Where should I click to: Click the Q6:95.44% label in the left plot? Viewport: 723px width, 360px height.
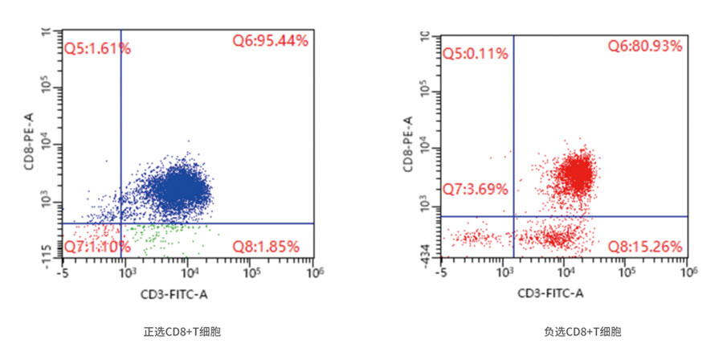(x=270, y=40)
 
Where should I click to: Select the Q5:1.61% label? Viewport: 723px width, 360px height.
(x=98, y=48)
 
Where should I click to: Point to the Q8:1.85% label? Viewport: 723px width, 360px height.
(x=265, y=245)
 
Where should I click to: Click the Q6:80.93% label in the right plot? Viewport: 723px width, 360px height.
(x=644, y=47)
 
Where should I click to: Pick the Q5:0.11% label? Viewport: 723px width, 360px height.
(x=476, y=54)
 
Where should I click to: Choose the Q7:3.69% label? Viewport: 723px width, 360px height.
(x=476, y=190)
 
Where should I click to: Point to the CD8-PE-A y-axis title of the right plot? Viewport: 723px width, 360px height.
(x=407, y=144)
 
